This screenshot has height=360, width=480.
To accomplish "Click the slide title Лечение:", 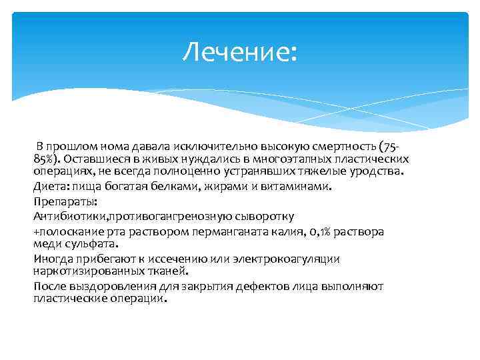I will click(241, 51).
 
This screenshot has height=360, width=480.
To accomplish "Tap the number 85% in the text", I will click(47, 159).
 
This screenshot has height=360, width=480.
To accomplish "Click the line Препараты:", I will click(65, 201).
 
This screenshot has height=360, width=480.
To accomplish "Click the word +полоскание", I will click(64, 231).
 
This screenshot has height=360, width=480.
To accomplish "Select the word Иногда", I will click(53, 259).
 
